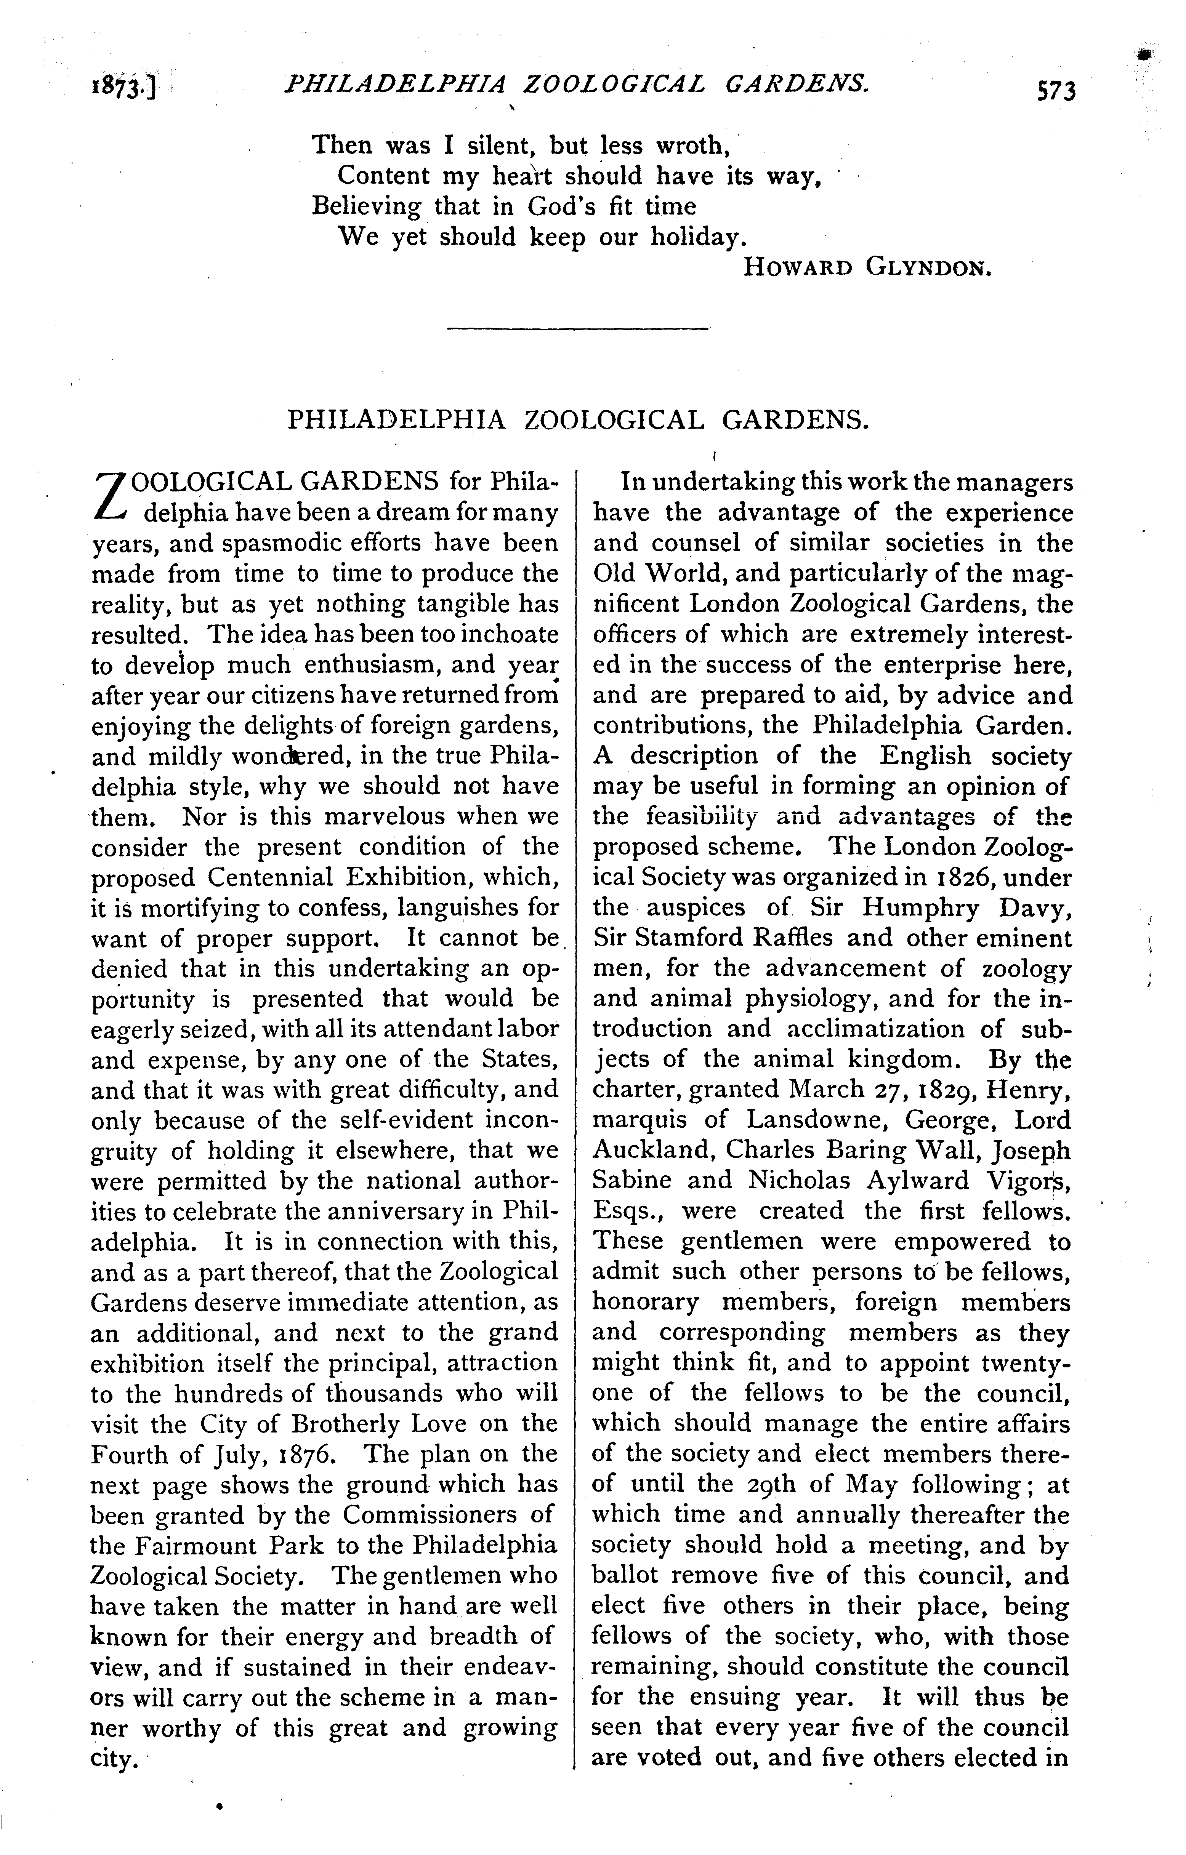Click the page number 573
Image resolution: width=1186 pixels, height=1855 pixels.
click(x=1056, y=91)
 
